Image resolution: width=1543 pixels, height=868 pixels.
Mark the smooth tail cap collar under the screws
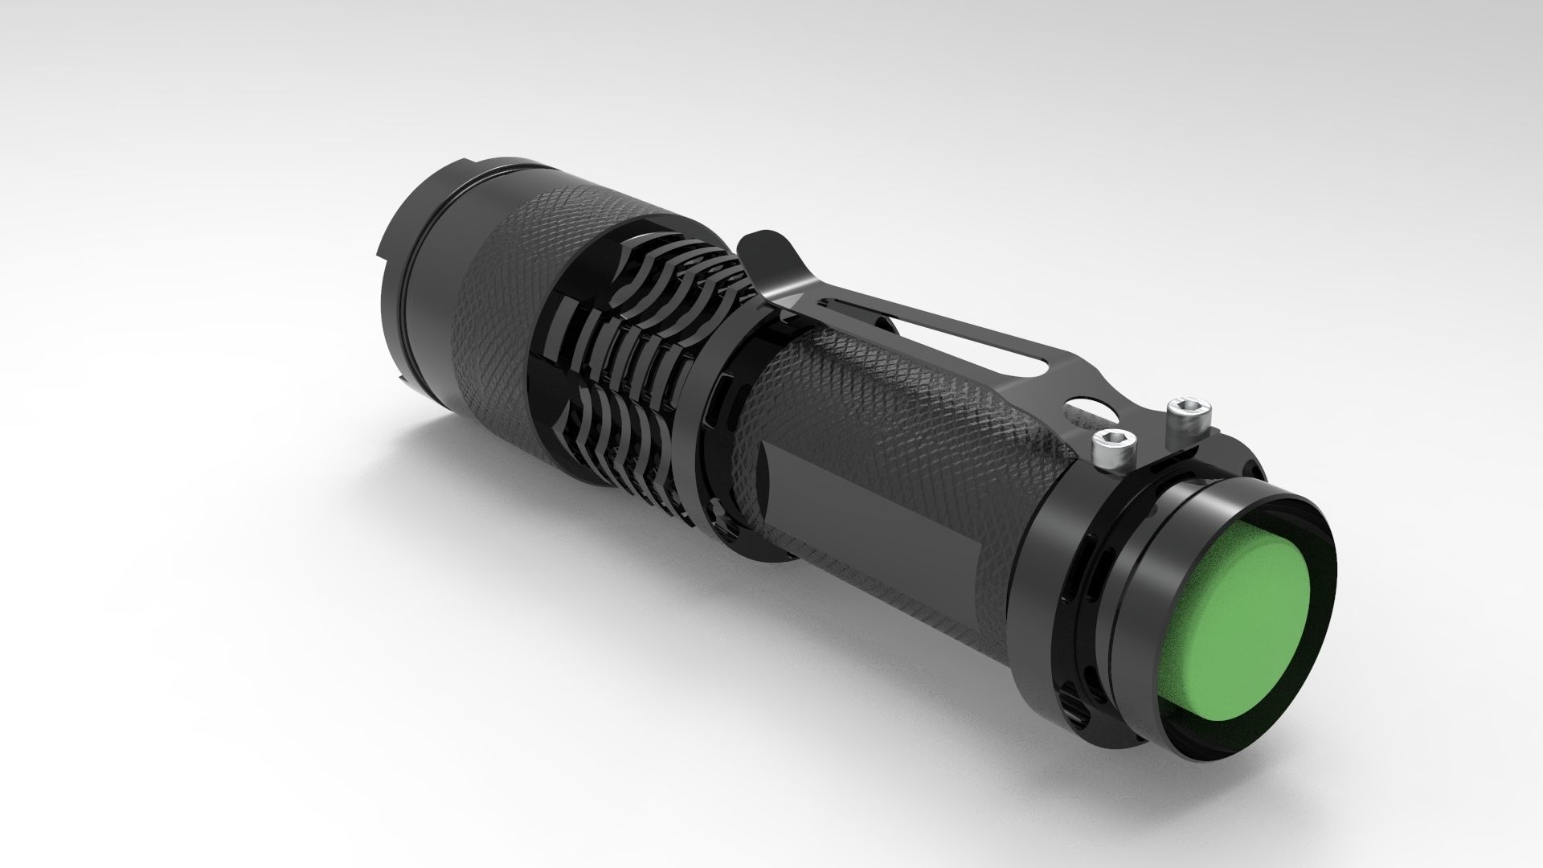pyautogui.click(x=1069, y=514)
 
